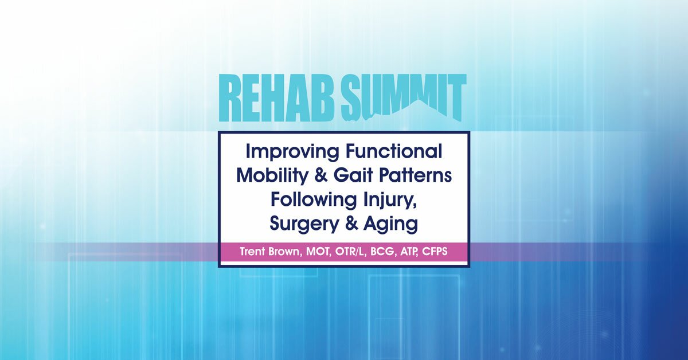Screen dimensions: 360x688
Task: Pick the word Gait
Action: tap(352, 176)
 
